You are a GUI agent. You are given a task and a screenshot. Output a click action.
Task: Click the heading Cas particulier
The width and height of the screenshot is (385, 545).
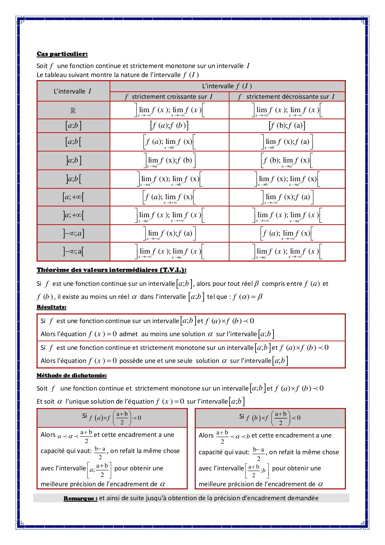point(62,54)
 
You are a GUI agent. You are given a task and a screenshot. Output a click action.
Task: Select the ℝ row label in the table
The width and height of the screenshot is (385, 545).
point(73,111)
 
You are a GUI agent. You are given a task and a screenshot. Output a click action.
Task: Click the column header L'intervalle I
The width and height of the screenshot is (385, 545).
point(73,91)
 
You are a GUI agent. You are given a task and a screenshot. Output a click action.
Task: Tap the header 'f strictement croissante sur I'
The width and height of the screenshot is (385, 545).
point(169,97)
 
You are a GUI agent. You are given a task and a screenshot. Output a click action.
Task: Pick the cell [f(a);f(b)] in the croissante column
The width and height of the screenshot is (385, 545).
point(169,126)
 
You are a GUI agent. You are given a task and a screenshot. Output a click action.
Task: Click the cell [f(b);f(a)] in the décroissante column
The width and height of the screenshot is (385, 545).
point(287,126)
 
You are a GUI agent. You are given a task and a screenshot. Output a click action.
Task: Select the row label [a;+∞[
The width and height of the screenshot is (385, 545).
point(73,197)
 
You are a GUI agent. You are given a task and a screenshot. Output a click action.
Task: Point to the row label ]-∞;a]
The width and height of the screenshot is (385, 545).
point(73,233)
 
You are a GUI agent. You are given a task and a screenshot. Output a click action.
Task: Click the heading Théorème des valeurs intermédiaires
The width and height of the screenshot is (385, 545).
point(111,270)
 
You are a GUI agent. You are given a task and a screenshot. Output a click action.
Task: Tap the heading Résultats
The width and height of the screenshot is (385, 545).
point(52,307)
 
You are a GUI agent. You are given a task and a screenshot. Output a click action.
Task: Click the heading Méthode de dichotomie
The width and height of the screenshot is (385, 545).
point(72,375)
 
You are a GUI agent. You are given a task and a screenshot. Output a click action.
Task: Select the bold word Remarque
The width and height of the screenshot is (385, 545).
point(80,498)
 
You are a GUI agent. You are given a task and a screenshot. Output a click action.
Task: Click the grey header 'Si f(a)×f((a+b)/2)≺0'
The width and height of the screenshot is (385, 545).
point(112,418)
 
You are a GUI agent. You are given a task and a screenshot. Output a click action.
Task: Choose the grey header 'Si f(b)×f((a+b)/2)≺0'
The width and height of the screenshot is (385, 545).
point(270,418)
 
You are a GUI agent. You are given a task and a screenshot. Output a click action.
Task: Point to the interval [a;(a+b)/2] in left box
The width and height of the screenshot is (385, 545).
point(99,470)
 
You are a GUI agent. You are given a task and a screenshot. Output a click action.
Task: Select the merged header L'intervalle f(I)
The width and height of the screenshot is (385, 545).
point(227,86)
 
